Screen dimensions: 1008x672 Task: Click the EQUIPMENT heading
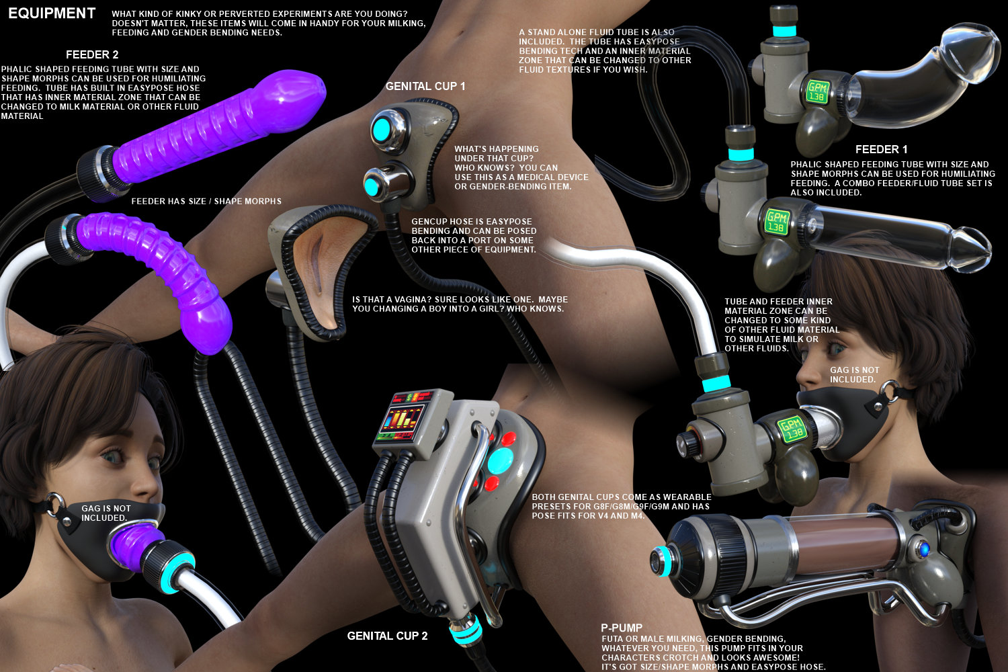52,13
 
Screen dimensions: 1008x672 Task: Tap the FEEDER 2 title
92,55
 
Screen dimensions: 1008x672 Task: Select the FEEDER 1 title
881,149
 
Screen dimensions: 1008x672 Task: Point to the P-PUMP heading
622,628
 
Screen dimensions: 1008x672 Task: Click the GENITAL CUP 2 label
387,636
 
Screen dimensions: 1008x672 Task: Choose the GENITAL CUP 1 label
425,86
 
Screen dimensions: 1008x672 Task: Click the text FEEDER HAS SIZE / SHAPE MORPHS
206,201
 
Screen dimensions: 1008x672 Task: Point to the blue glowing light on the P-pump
924,549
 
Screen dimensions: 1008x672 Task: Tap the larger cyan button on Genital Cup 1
382,130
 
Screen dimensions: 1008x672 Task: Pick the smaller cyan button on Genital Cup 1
372,186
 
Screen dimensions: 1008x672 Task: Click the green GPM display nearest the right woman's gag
793,429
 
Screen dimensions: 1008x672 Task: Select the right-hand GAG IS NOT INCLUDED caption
855,374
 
